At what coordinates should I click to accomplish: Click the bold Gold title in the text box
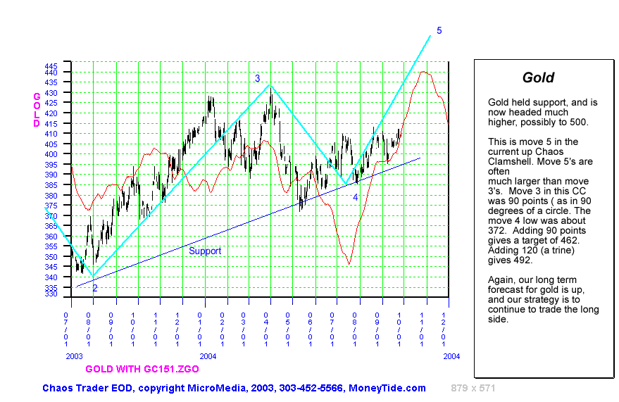(538, 78)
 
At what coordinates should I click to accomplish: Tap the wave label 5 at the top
(439, 31)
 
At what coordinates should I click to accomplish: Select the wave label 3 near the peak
(258, 78)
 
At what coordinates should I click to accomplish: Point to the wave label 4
(356, 198)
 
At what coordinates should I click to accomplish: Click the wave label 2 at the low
(95, 288)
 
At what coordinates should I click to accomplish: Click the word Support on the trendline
(205, 251)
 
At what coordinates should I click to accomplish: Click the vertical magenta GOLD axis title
(37, 110)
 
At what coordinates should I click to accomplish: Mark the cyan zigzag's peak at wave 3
(270, 85)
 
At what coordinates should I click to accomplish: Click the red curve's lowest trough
(349, 264)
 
